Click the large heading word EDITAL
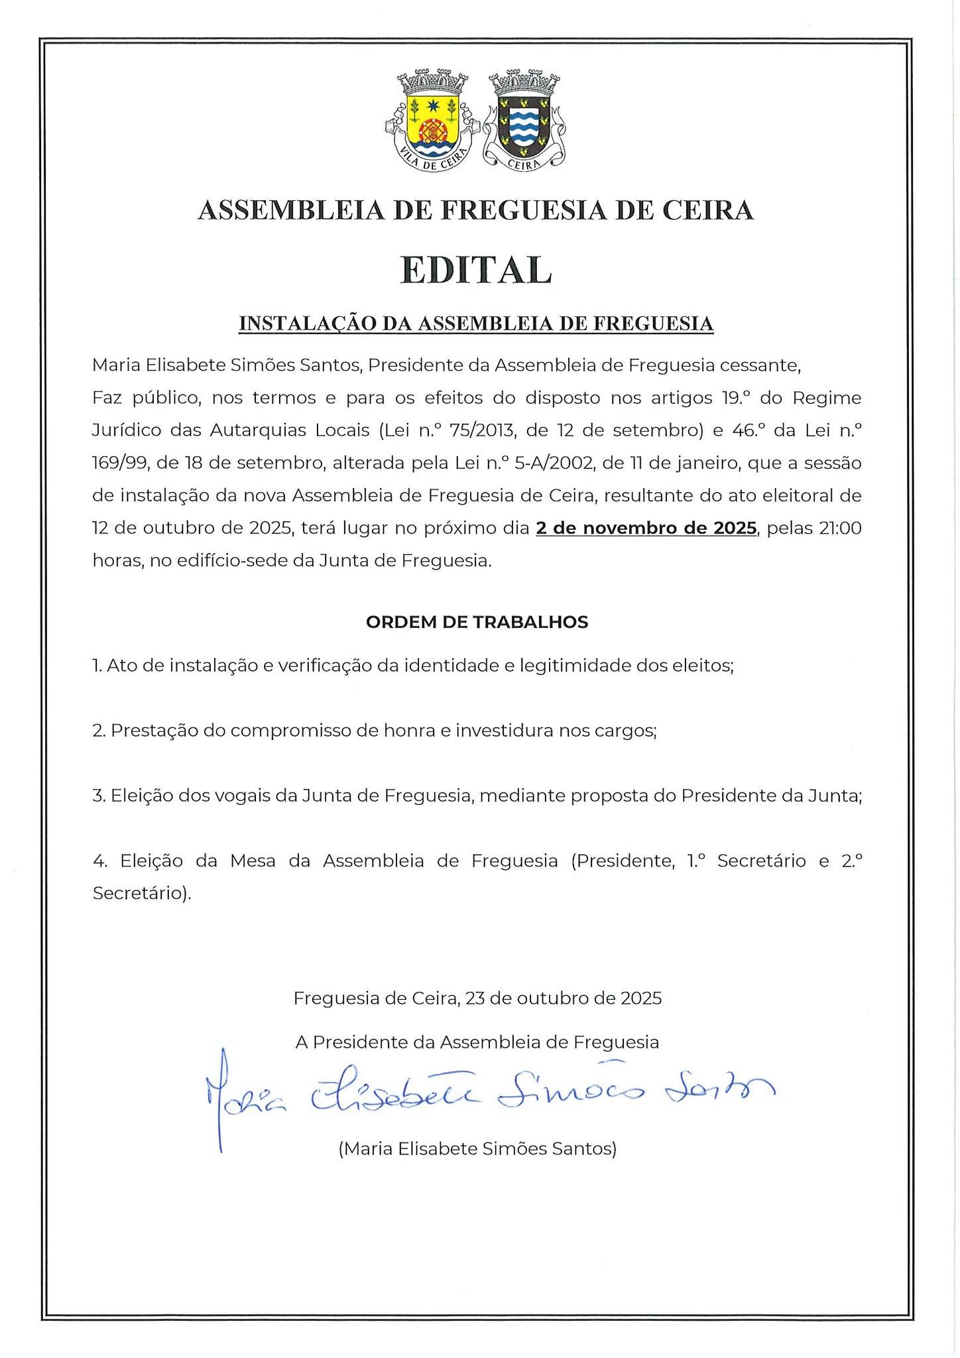pyautogui.click(x=476, y=269)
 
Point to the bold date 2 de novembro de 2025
pyautogui.click(x=646, y=528)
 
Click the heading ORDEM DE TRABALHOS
pyautogui.click(x=477, y=622)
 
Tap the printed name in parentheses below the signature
pyautogui.click(x=477, y=1148)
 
